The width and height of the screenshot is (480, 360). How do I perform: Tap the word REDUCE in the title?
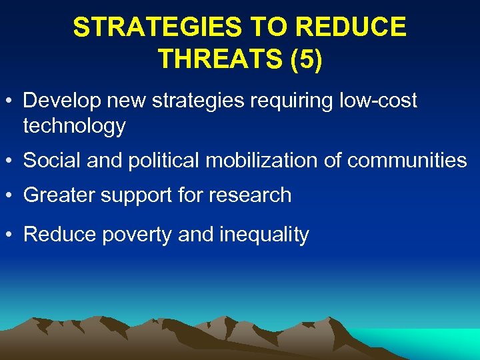coord(352,28)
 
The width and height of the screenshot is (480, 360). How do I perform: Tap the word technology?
coord(74,125)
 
